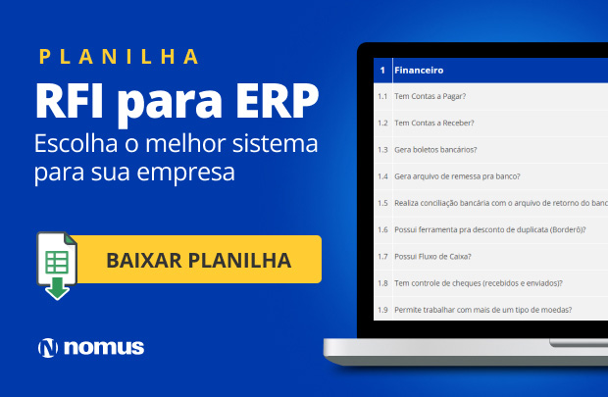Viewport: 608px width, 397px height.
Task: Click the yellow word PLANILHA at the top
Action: [x=119, y=56]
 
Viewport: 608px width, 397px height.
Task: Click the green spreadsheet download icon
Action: [x=58, y=264]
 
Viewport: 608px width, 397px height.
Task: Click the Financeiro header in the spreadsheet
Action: [x=419, y=71]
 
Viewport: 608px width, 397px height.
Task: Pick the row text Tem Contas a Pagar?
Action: [x=429, y=96]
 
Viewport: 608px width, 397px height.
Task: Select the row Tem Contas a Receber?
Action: [x=433, y=123]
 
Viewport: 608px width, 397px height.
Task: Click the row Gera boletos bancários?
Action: [x=435, y=150]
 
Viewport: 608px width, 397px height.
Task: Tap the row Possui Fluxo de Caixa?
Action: [x=432, y=257]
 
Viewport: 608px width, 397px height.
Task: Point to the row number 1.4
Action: [x=382, y=176]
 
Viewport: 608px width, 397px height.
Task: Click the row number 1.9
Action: [x=382, y=310]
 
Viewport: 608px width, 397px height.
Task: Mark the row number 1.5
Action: [x=382, y=203]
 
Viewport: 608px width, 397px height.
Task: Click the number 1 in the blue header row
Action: [x=381, y=71]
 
